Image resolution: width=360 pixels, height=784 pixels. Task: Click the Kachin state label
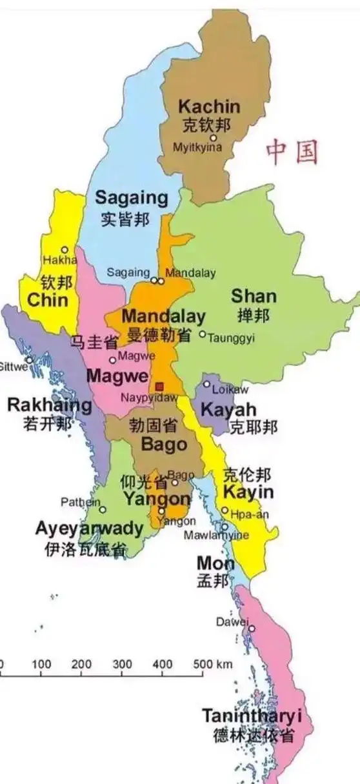tap(208, 106)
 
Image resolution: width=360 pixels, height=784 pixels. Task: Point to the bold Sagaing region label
tap(131, 197)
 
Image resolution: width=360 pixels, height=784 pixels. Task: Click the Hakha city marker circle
tap(65, 250)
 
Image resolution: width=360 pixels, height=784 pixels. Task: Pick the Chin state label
tap(48, 299)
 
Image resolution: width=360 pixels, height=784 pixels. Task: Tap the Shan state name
tap(254, 296)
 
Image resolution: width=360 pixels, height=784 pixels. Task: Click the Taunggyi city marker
tap(202, 334)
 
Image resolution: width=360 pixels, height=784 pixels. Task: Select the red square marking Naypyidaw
tap(160, 386)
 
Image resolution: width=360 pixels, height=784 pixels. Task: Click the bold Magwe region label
tap(117, 376)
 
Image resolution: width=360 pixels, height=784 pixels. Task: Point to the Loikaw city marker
tap(206, 384)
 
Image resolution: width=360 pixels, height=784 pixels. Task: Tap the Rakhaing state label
tap(49, 405)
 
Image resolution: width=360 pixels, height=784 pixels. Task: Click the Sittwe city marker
tap(29, 360)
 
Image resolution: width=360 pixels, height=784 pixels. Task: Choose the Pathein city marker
tap(102, 510)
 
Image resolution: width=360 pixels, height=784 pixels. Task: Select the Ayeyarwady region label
tap(89, 528)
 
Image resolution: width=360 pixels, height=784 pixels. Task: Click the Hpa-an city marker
tap(225, 510)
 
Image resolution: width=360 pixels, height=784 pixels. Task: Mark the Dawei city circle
tap(252, 628)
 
